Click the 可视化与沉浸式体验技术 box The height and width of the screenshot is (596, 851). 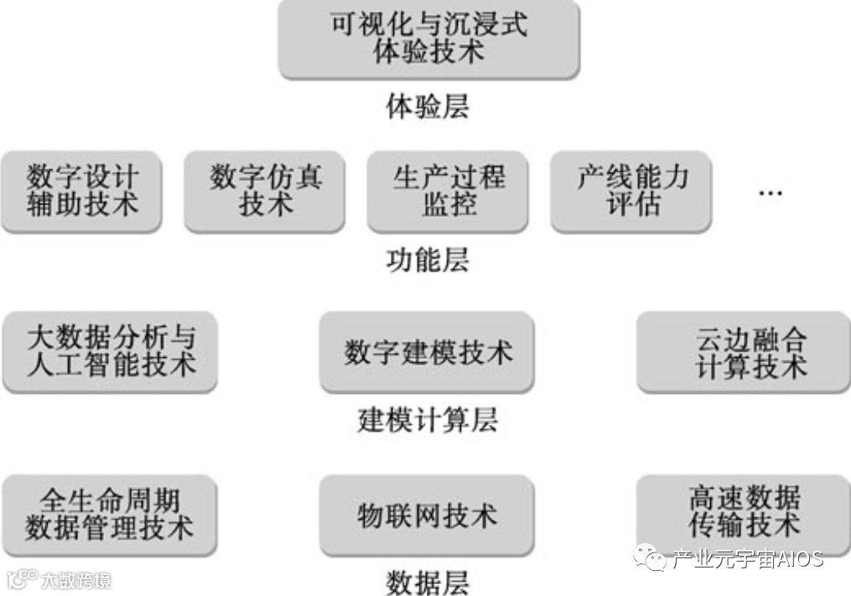[428, 39]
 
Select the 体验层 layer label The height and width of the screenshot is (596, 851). [428, 106]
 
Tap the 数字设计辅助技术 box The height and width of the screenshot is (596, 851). [81, 191]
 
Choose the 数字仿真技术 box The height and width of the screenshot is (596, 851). [265, 191]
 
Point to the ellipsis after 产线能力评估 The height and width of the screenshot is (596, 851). [770, 193]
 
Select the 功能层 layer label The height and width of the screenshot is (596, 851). [428, 260]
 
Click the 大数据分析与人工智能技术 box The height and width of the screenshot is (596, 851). [110, 351]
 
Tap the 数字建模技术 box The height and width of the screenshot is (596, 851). [428, 352]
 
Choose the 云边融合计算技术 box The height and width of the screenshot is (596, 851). [744, 351]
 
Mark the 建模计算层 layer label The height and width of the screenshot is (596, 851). [428, 419]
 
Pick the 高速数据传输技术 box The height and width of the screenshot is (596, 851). [744, 513]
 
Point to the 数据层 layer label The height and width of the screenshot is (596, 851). [428, 581]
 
